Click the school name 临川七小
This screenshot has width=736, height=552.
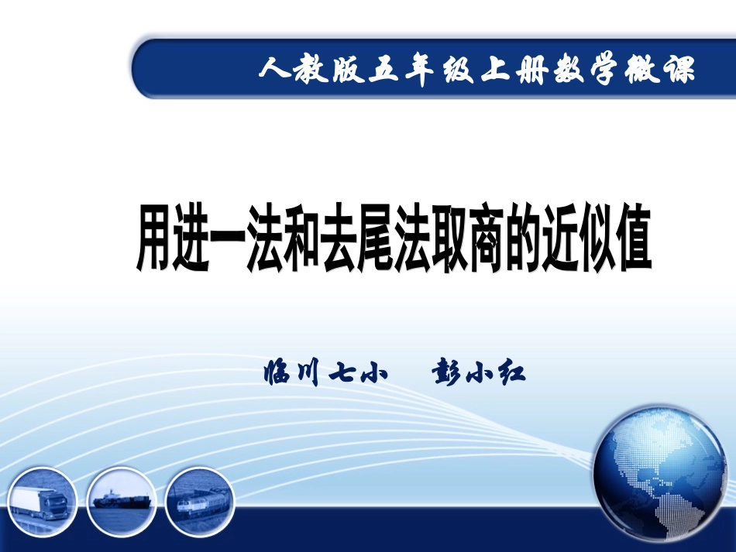325,375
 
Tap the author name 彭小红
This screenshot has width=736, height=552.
480,375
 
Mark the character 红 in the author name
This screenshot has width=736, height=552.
511,375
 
